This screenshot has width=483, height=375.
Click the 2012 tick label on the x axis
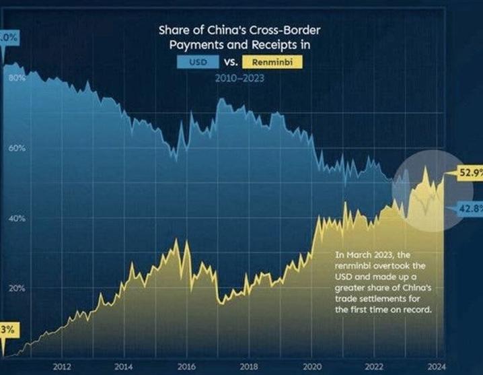tap(61, 367)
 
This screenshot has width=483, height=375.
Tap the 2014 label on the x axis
tap(123, 367)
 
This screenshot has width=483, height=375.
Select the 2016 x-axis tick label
tap(186, 367)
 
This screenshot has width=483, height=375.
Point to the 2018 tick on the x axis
tap(248, 367)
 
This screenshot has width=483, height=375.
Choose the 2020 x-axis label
tap(310, 367)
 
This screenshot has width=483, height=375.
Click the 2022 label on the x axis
tap(372, 367)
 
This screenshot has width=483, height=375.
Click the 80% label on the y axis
tap(17, 78)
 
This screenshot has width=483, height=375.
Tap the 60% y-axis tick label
tap(17, 148)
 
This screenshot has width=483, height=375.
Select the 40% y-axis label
tap(17, 218)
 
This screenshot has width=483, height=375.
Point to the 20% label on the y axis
tap(17, 288)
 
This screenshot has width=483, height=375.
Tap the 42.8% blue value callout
tap(470, 208)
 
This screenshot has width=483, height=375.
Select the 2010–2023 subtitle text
tap(239, 79)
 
